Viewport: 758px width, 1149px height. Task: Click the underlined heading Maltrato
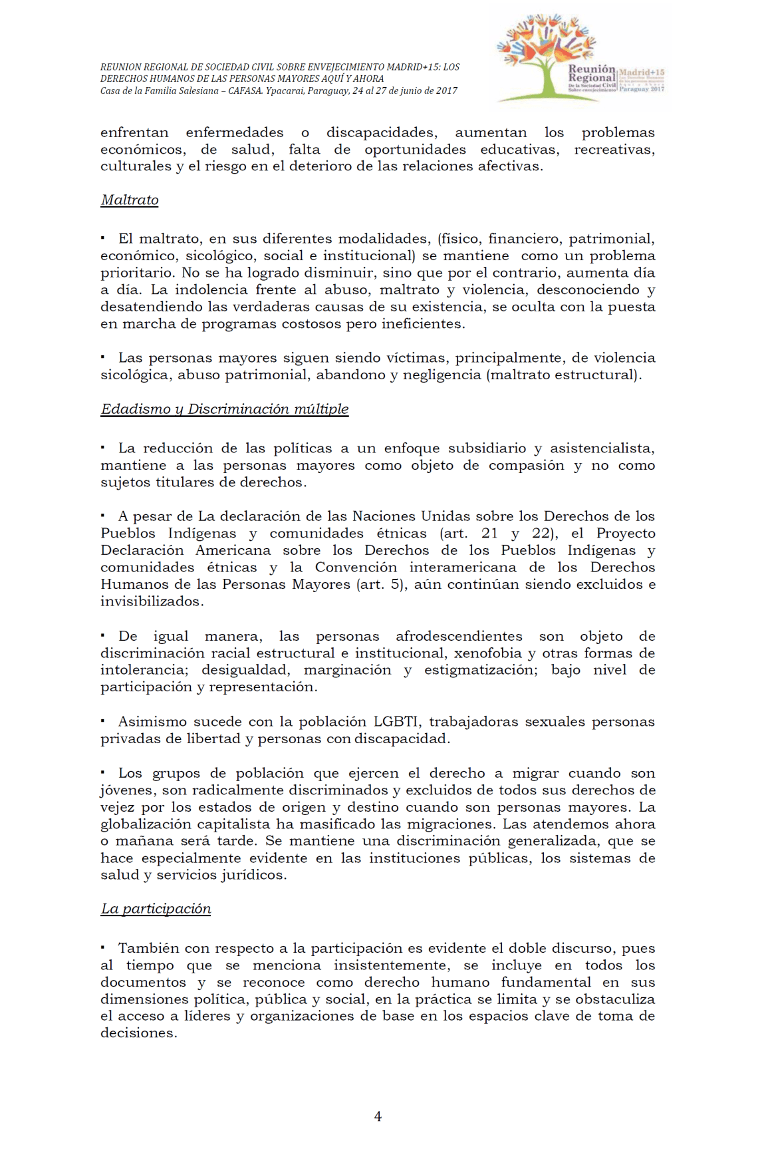(x=130, y=200)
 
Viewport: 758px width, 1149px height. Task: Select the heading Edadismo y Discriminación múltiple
(x=225, y=409)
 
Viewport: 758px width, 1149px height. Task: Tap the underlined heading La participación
(x=156, y=909)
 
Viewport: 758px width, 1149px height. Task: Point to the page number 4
(x=378, y=1116)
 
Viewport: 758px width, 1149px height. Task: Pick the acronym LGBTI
(x=396, y=722)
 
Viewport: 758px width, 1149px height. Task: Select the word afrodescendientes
(x=459, y=636)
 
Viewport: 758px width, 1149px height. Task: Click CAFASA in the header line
(x=245, y=91)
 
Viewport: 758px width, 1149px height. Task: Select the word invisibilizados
(x=152, y=601)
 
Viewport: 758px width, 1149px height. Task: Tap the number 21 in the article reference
(x=489, y=534)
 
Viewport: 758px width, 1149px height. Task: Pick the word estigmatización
(x=481, y=670)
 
